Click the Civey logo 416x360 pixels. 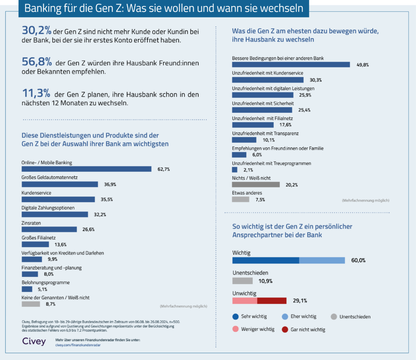point(34,341)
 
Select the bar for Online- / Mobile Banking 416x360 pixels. point(86,169)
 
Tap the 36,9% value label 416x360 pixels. point(110,184)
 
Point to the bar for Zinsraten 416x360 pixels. point(49,229)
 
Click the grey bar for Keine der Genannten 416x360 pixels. point(30,304)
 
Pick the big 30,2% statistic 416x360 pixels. point(36,30)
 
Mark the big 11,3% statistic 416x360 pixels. point(36,93)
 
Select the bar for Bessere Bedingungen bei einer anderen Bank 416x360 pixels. point(291,65)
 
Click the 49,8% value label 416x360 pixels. point(362,65)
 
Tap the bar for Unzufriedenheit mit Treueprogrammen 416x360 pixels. point(234,170)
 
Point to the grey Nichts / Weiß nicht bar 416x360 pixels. point(256,185)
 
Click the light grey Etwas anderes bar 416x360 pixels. point(240,199)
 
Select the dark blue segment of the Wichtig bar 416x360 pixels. point(265,261)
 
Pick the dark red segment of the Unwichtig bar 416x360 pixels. point(272,301)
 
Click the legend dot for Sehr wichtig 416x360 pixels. point(235,317)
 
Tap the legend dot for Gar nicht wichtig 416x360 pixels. point(284,330)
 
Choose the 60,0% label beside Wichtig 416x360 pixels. point(358,261)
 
